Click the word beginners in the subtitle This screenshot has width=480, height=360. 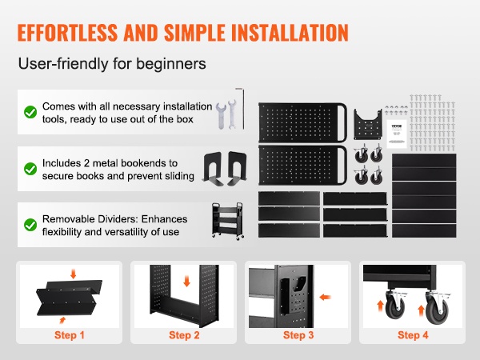(x=171, y=64)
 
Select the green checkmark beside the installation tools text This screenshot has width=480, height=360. (x=30, y=112)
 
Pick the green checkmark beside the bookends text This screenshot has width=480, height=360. (x=30, y=169)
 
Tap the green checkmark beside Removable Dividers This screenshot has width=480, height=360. (x=30, y=225)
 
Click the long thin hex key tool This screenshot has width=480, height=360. (x=243, y=109)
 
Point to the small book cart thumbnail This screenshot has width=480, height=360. (x=228, y=221)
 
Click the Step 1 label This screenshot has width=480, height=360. (x=69, y=335)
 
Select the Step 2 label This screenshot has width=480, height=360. (x=184, y=335)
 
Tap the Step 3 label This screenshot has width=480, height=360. (x=298, y=335)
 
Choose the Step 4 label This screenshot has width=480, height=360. (x=413, y=335)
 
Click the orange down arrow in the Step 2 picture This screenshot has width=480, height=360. (x=186, y=281)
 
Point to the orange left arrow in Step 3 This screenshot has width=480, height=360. (x=325, y=297)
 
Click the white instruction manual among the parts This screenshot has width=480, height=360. (x=397, y=134)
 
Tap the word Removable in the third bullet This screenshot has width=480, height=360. (x=68, y=219)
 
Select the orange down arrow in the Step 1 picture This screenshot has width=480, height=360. (x=73, y=274)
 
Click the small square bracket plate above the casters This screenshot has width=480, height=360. (x=368, y=124)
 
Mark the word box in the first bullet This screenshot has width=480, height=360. (x=185, y=119)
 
